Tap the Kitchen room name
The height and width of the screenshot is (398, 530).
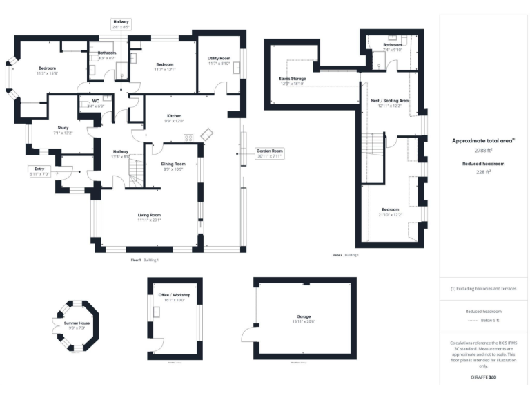(174, 115)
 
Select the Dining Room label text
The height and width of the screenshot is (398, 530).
(174, 164)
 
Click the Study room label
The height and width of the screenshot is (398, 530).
(63, 127)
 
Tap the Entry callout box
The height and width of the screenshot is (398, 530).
(40, 171)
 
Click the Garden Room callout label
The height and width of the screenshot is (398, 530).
(270, 153)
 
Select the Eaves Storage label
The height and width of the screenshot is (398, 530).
(293, 79)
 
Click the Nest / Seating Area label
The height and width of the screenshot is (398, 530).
(390, 101)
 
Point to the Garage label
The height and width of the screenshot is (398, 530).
(304, 319)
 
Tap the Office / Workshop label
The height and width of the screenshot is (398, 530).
(174, 295)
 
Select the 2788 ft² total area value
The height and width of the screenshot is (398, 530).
(482, 149)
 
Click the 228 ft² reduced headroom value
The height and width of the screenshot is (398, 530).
(482, 172)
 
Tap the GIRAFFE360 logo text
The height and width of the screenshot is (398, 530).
(482, 378)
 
